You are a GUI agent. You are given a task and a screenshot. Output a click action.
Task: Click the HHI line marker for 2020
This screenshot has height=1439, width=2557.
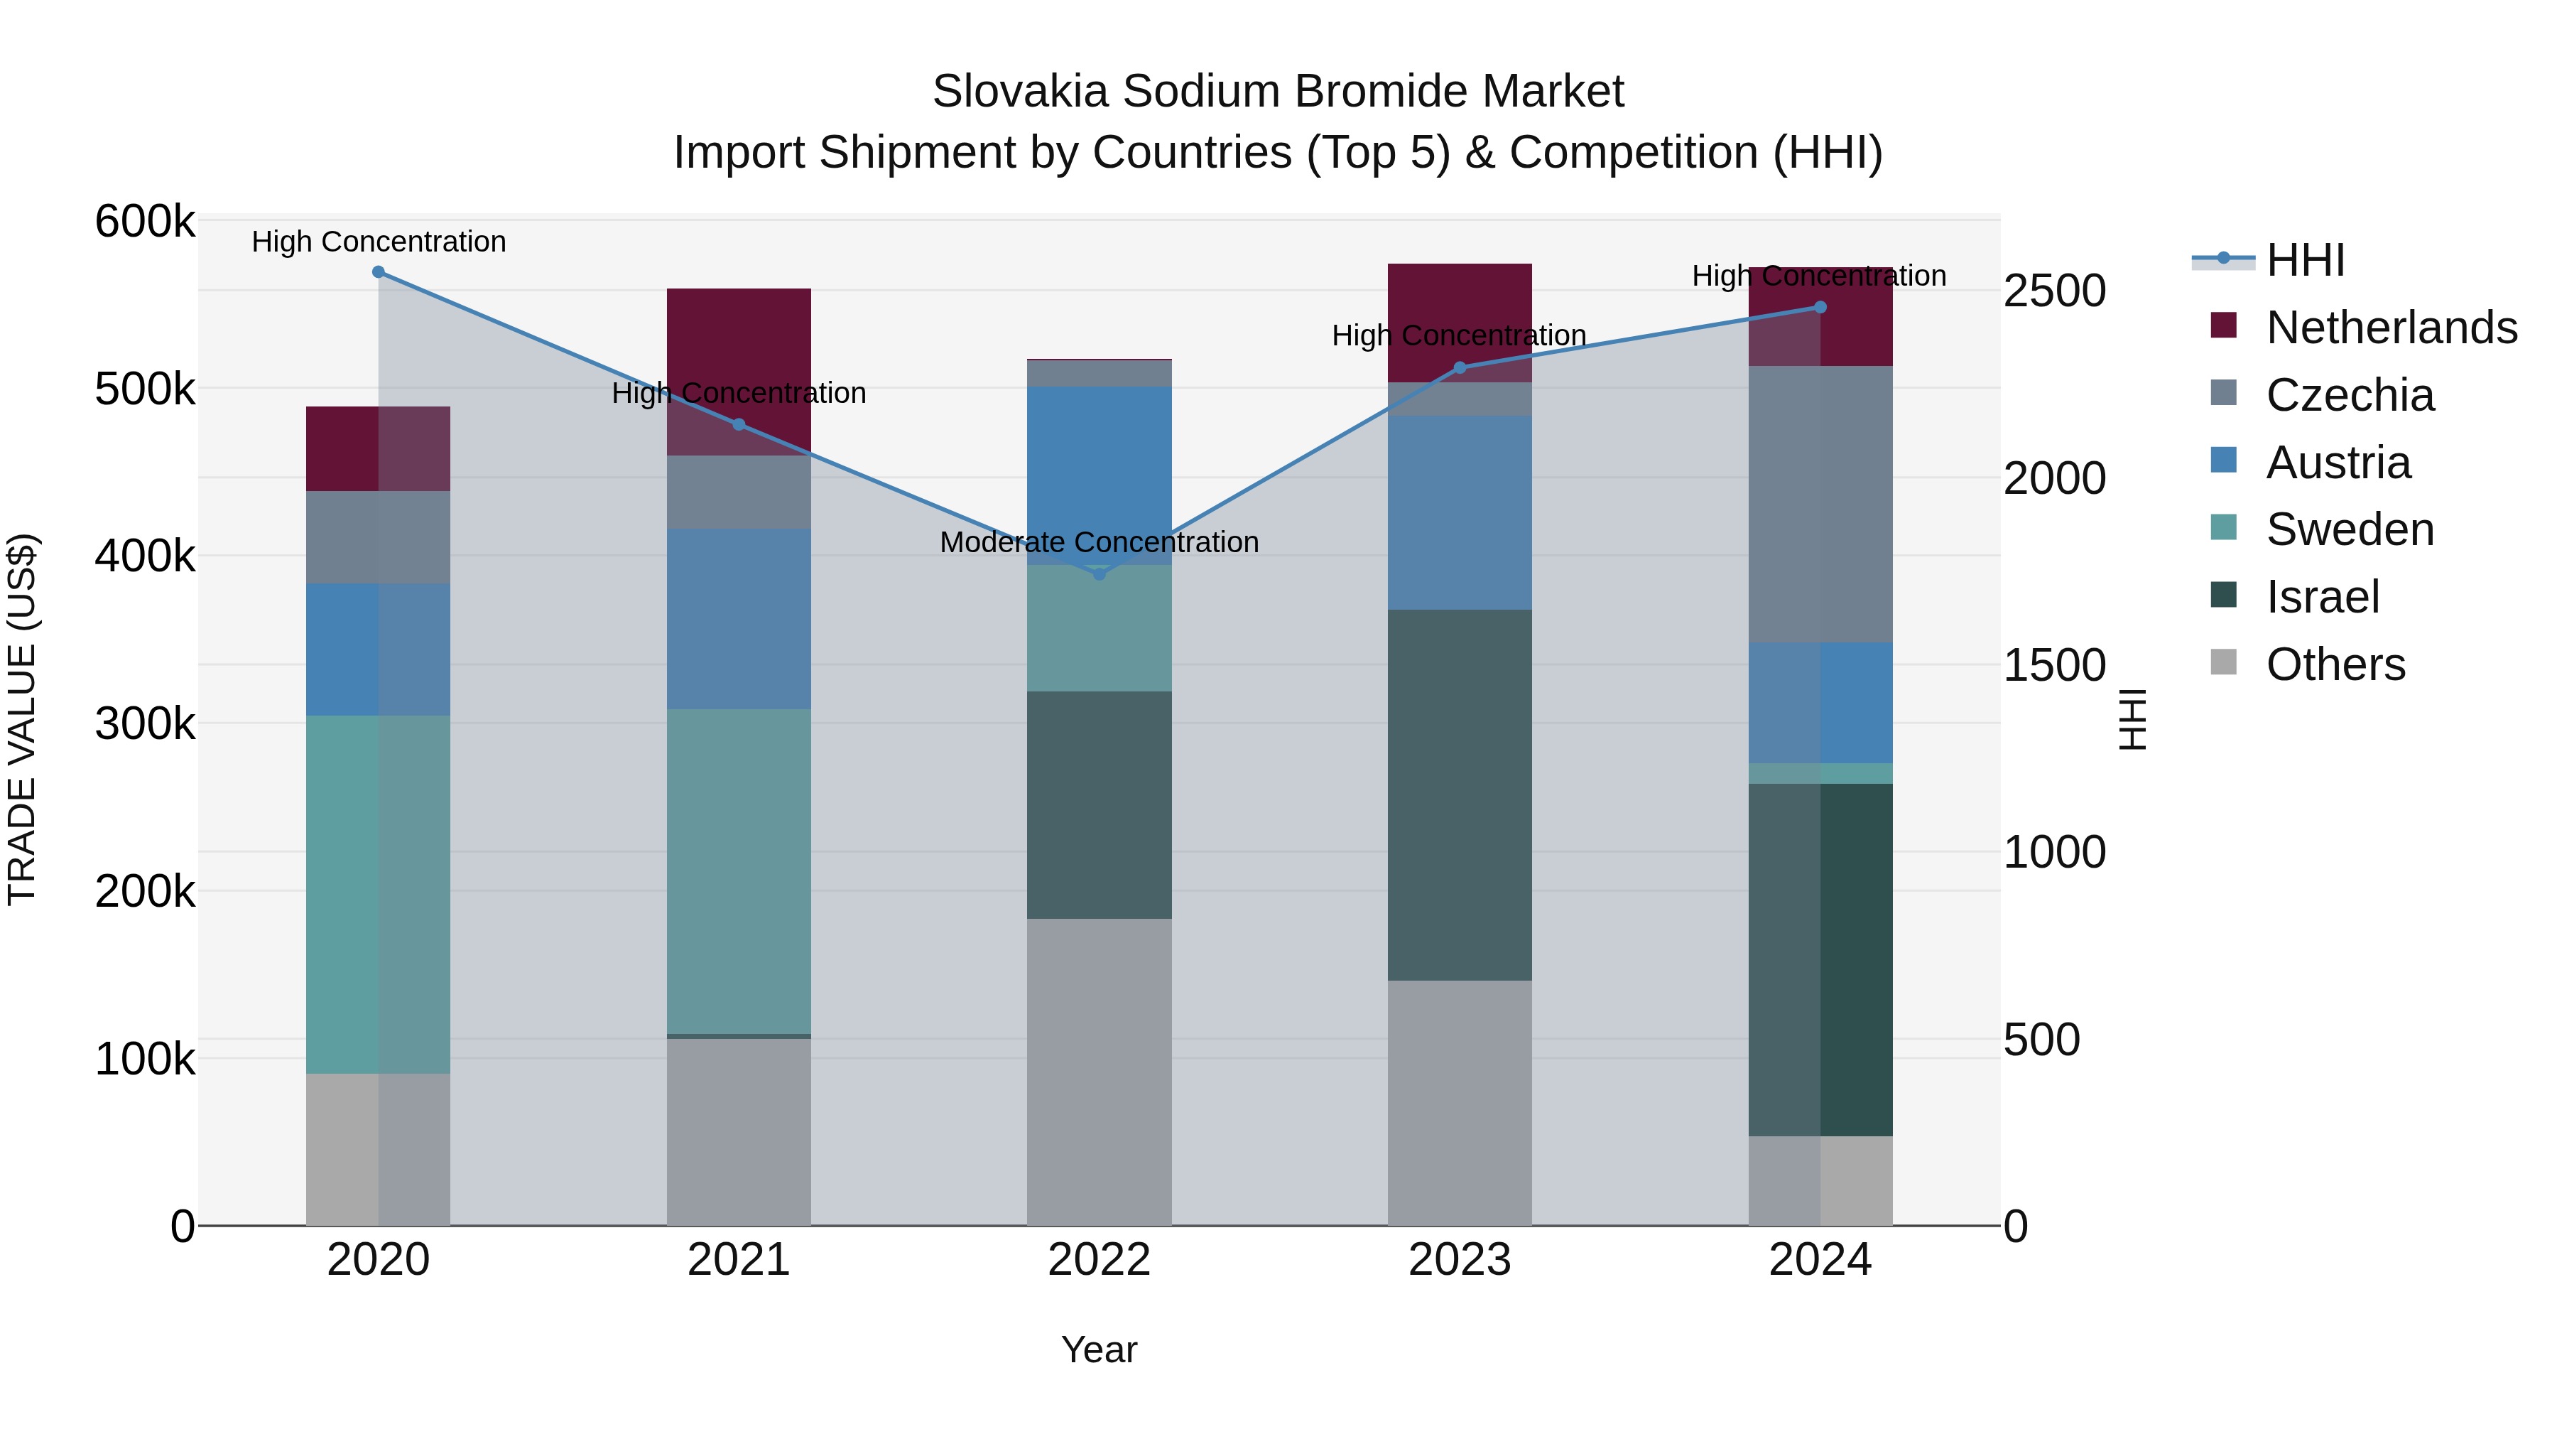tap(378, 272)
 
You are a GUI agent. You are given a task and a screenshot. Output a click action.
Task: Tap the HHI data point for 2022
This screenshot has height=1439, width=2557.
tap(1099, 574)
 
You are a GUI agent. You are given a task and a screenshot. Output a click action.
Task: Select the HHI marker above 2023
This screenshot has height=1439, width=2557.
tap(1459, 368)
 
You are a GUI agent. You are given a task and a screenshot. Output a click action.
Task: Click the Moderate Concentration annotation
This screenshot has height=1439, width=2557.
tap(1099, 542)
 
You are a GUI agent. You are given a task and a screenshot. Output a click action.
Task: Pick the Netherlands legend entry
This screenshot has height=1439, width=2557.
tap(2390, 328)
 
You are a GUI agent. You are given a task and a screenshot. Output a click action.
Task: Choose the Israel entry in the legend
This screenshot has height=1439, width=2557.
tap(2322, 597)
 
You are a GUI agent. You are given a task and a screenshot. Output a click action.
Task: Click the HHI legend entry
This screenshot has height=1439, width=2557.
tap(2305, 260)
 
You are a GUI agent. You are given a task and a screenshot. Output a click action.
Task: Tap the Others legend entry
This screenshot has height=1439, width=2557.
tap(2335, 664)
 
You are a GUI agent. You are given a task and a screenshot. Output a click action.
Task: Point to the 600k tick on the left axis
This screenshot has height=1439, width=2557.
tap(145, 222)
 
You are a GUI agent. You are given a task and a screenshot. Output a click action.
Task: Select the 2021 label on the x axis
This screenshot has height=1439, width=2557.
tap(739, 1260)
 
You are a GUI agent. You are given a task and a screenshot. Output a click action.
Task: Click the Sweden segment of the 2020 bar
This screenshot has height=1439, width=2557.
tap(378, 894)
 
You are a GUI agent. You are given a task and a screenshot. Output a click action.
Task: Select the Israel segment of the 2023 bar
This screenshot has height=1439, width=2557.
tap(1459, 794)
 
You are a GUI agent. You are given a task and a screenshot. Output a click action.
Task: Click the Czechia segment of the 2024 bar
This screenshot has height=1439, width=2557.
tap(1820, 505)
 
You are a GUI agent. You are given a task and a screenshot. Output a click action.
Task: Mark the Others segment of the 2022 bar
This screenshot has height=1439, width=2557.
tap(1099, 1072)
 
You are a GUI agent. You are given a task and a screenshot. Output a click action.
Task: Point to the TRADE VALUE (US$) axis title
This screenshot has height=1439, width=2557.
tap(22, 720)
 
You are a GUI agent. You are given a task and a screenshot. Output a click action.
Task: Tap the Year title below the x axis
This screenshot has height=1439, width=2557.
tap(1099, 1349)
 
